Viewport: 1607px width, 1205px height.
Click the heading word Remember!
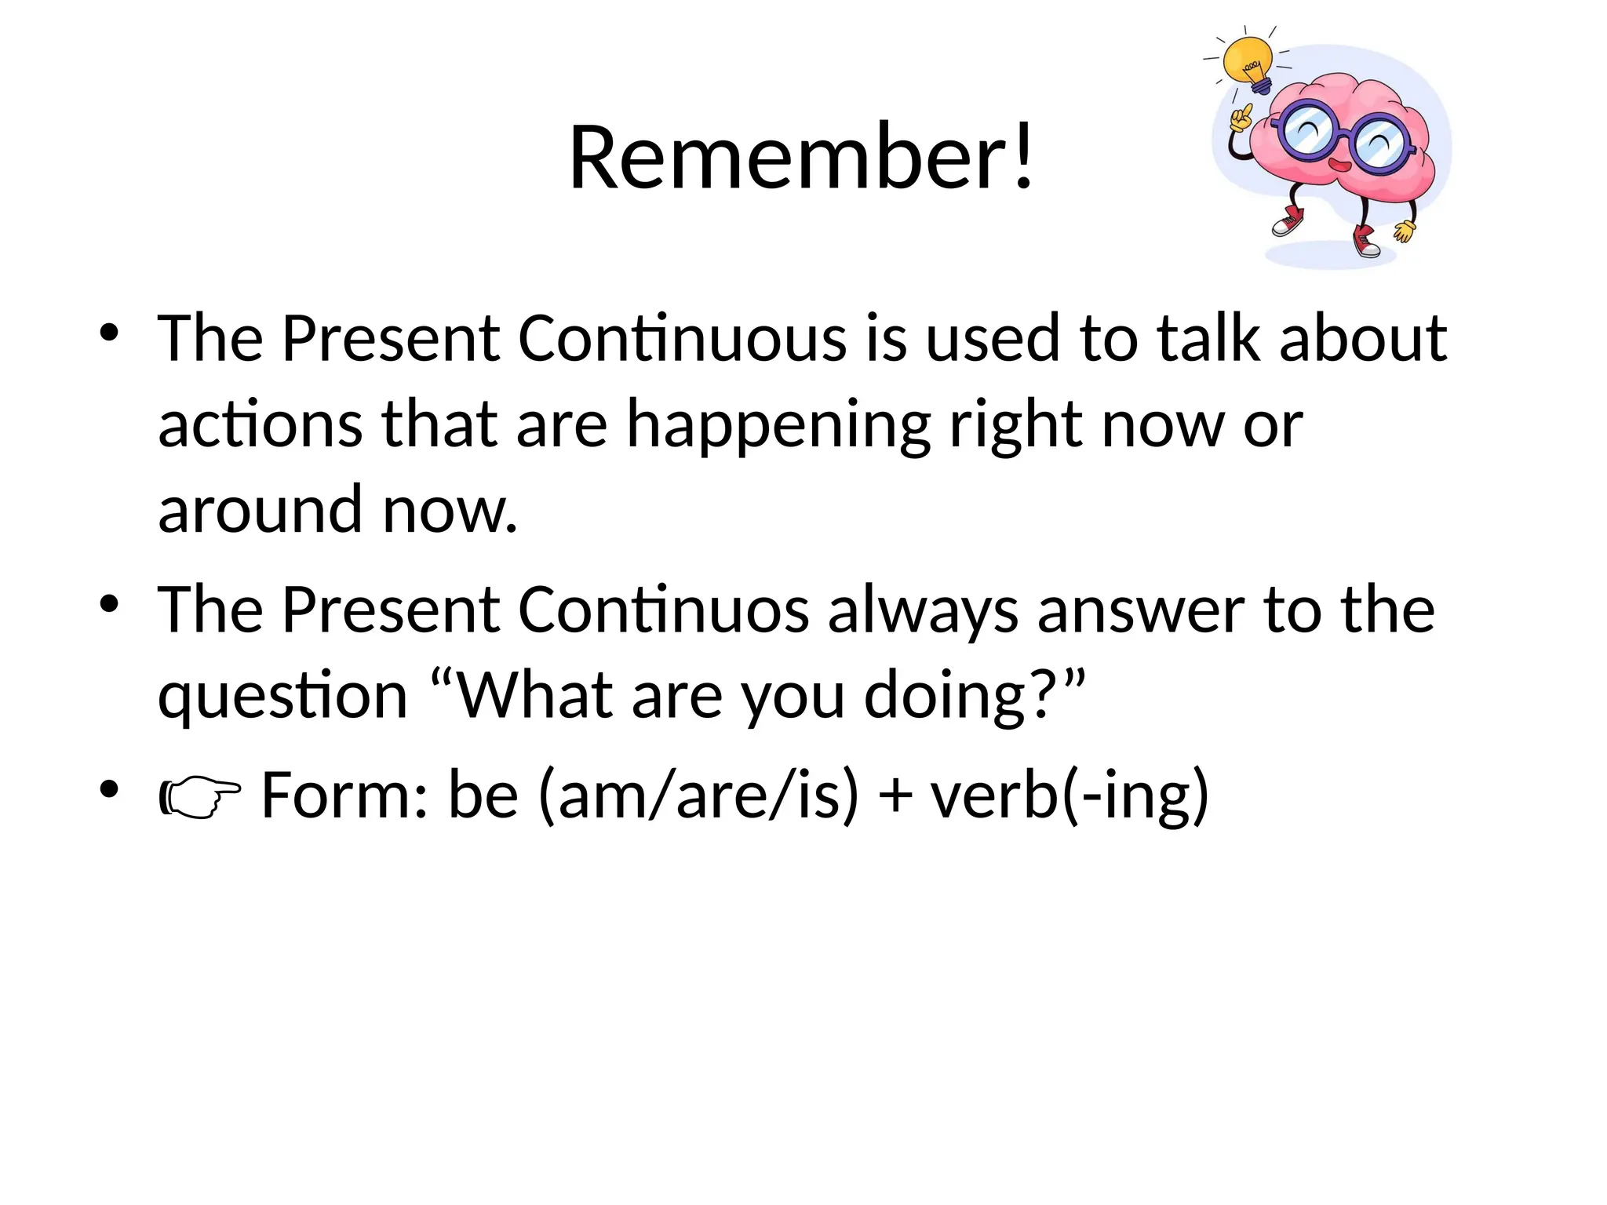[x=800, y=157]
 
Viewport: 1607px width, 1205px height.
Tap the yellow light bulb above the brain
[x=1248, y=63]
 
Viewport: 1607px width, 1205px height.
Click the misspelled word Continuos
[x=663, y=610]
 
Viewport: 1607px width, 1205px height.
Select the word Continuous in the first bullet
[x=682, y=339]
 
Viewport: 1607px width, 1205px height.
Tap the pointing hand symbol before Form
[x=200, y=796]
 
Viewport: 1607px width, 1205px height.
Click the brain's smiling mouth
[x=1339, y=166]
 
